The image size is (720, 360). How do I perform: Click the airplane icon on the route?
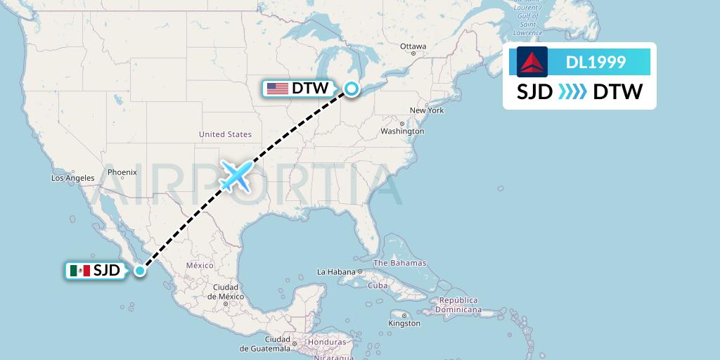click(x=236, y=176)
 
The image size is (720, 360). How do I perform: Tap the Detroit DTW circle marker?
click(x=351, y=89)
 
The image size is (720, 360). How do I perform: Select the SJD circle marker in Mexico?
click(x=141, y=270)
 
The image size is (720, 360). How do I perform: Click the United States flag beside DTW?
click(x=278, y=89)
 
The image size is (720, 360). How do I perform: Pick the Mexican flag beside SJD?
click(x=79, y=270)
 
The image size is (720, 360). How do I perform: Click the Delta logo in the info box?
click(x=532, y=62)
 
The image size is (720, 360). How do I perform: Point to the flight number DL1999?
click(x=596, y=62)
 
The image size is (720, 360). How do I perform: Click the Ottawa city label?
click(x=413, y=46)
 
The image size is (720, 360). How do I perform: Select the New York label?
click(x=427, y=110)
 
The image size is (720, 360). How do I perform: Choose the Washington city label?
click(x=402, y=131)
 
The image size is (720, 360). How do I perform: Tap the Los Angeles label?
click(x=72, y=178)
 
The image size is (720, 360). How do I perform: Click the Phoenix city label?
click(x=122, y=172)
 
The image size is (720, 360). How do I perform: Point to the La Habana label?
click(x=337, y=271)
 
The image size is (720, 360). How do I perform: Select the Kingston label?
click(x=404, y=323)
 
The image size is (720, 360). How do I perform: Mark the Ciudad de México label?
click(x=226, y=292)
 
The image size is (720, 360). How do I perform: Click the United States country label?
click(x=225, y=134)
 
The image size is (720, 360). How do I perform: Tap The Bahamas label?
click(x=399, y=263)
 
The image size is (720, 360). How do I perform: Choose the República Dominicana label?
click(x=458, y=304)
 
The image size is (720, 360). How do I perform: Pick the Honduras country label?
click(x=326, y=342)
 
